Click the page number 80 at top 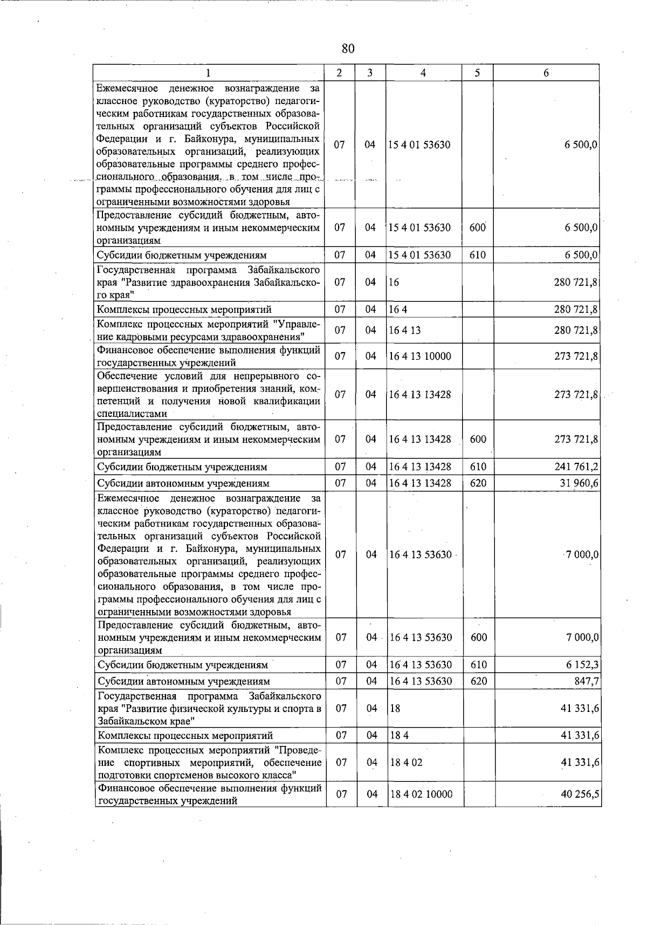[348, 49]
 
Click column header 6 [546, 73]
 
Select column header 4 [423, 73]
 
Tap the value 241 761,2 [576, 467]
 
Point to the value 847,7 [587, 681]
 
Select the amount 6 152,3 [582, 665]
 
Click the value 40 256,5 [580, 794]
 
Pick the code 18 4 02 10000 [421, 794]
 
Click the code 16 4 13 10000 [420, 356]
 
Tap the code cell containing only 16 [394, 282]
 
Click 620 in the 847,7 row [478, 681]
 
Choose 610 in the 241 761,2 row [478, 467]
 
